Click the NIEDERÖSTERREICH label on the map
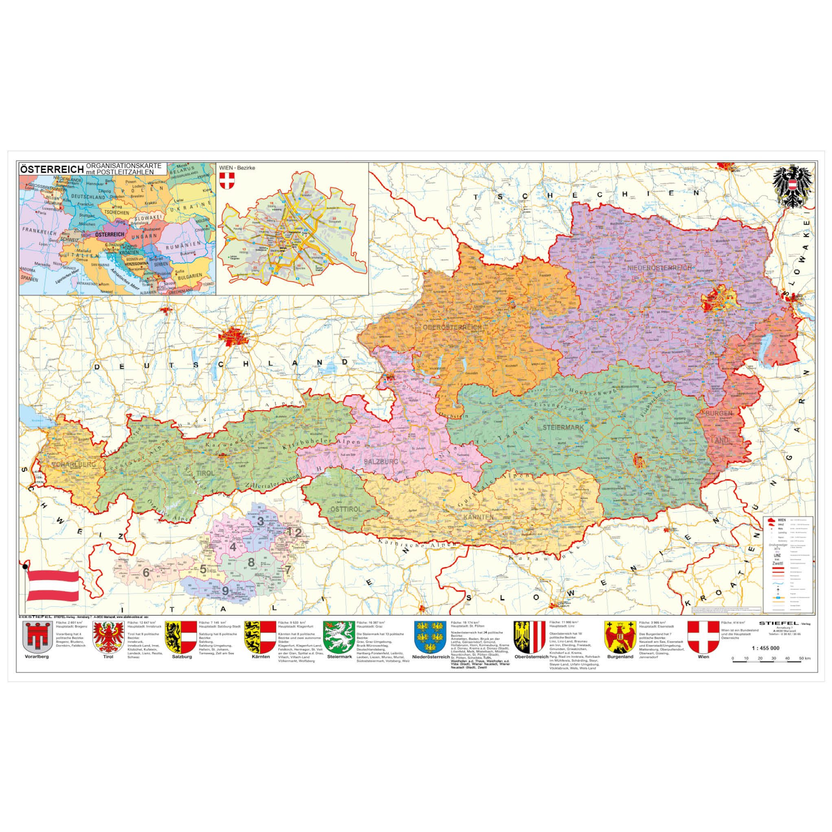coord(659,268)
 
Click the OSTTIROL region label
coord(345,510)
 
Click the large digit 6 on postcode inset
coord(146,573)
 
